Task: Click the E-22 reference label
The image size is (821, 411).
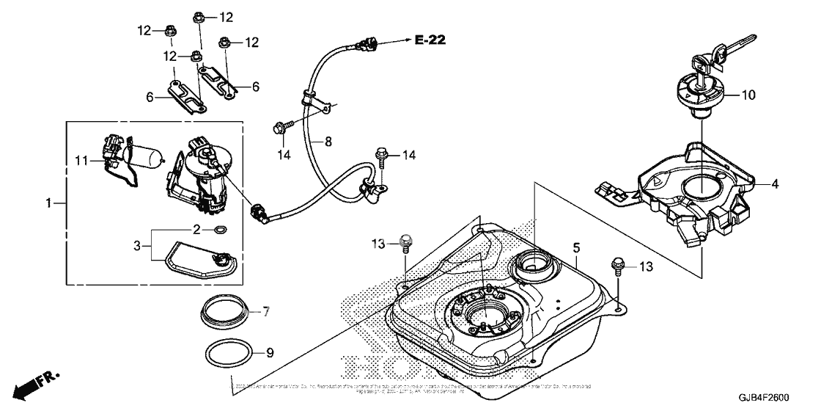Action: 430,40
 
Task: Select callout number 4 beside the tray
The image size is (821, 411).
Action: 774,183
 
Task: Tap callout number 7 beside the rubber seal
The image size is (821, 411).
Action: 266,312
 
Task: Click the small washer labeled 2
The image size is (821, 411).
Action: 220,230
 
